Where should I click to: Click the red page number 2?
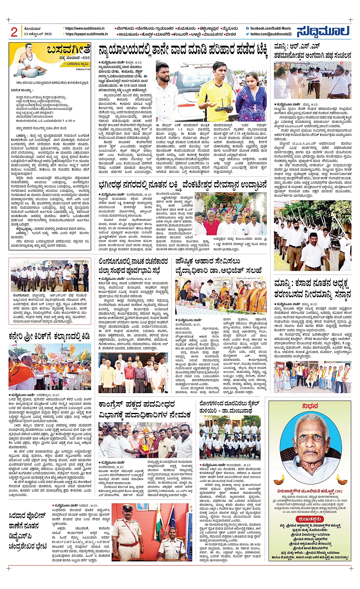coord(14,32)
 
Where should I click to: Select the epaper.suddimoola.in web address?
coord(86,34)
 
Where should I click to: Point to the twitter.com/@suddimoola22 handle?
coord(270,34)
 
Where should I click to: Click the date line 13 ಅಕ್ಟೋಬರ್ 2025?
coord(38,34)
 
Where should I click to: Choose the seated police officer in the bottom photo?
coord(172,543)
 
